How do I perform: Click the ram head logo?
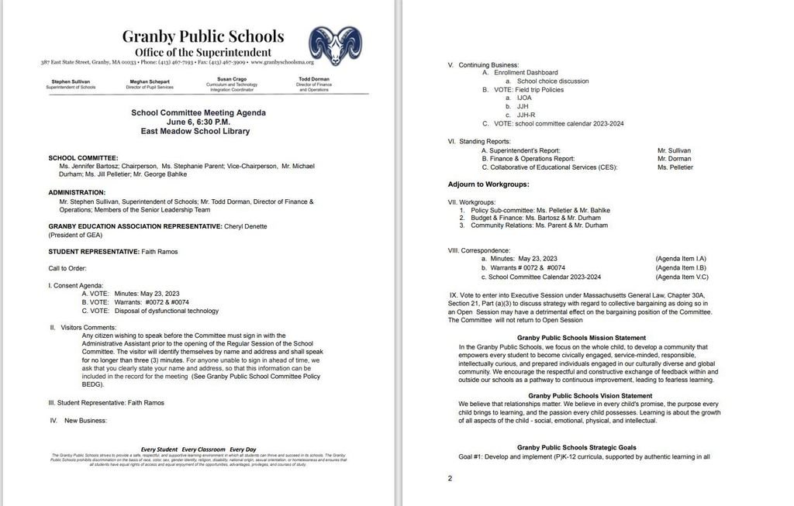(334, 46)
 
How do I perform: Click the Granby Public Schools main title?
(202, 36)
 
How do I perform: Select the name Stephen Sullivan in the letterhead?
(71, 81)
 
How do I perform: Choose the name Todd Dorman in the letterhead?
(313, 79)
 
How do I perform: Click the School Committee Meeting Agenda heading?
(198, 112)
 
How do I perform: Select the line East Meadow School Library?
(195, 132)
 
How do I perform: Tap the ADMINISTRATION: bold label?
(77, 192)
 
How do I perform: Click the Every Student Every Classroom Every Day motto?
(198, 449)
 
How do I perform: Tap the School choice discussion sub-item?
(553, 81)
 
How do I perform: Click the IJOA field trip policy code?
(524, 98)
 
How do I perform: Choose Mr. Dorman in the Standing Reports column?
(673, 158)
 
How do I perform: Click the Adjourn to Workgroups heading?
(488, 184)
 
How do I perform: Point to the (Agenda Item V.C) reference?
(681, 277)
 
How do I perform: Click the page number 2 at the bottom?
(450, 478)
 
